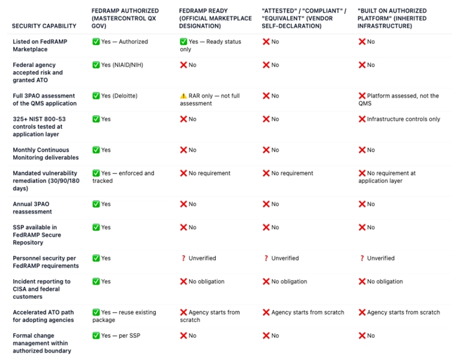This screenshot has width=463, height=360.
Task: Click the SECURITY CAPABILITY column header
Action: click(x=44, y=26)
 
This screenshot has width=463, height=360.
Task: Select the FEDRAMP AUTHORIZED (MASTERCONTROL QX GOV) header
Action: click(x=125, y=18)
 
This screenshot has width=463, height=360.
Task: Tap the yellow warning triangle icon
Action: click(x=184, y=96)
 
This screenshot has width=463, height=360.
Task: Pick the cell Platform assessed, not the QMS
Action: click(x=399, y=100)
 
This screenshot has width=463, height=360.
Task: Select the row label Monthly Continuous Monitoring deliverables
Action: click(x=45, y=154)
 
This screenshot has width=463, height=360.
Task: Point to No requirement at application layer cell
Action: click(x=390, y=177)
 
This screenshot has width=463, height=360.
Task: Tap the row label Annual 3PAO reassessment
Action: click(x=32, y=208)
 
